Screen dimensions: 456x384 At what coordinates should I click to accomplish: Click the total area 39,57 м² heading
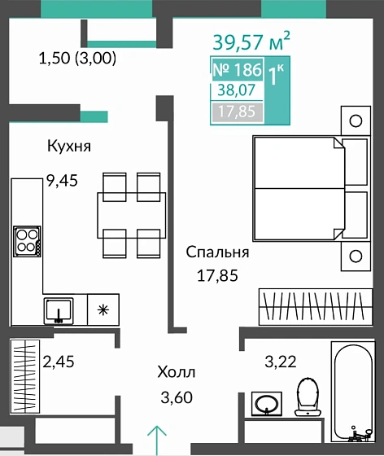click(251, 41)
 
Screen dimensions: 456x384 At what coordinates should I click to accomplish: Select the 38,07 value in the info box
click(231, 92)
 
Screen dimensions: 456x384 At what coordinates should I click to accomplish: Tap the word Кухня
click(68, 147)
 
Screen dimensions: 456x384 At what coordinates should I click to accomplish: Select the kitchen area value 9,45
click(62, 181)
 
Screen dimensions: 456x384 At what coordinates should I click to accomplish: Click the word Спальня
click(217, 252)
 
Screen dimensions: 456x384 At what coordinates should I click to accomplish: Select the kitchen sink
click(59, 309)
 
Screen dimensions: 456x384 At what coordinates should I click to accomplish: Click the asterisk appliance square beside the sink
click(103, 309)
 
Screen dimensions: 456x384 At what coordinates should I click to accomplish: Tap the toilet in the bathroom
click(308, 397)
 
